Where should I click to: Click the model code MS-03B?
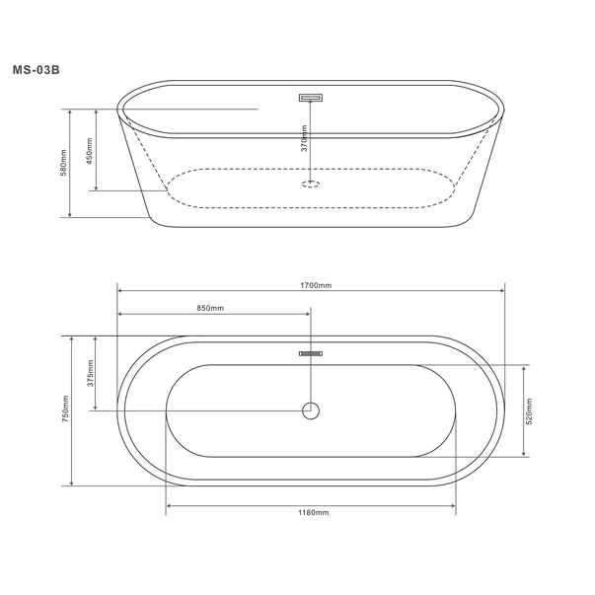(x=37, y=70)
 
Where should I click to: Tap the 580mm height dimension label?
(x=63, y=163)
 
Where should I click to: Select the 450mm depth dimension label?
(x=90, y=151)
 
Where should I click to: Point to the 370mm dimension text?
(x=304, y=138)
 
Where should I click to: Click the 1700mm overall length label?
(x=316, y=285)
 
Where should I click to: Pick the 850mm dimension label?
(x=210, y=308)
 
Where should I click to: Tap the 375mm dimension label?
(x=91, y=373)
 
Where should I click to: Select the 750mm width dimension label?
(x=65, y=409)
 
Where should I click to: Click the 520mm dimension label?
(x=529, y=411)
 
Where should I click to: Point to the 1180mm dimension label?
(x=314, y=513)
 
